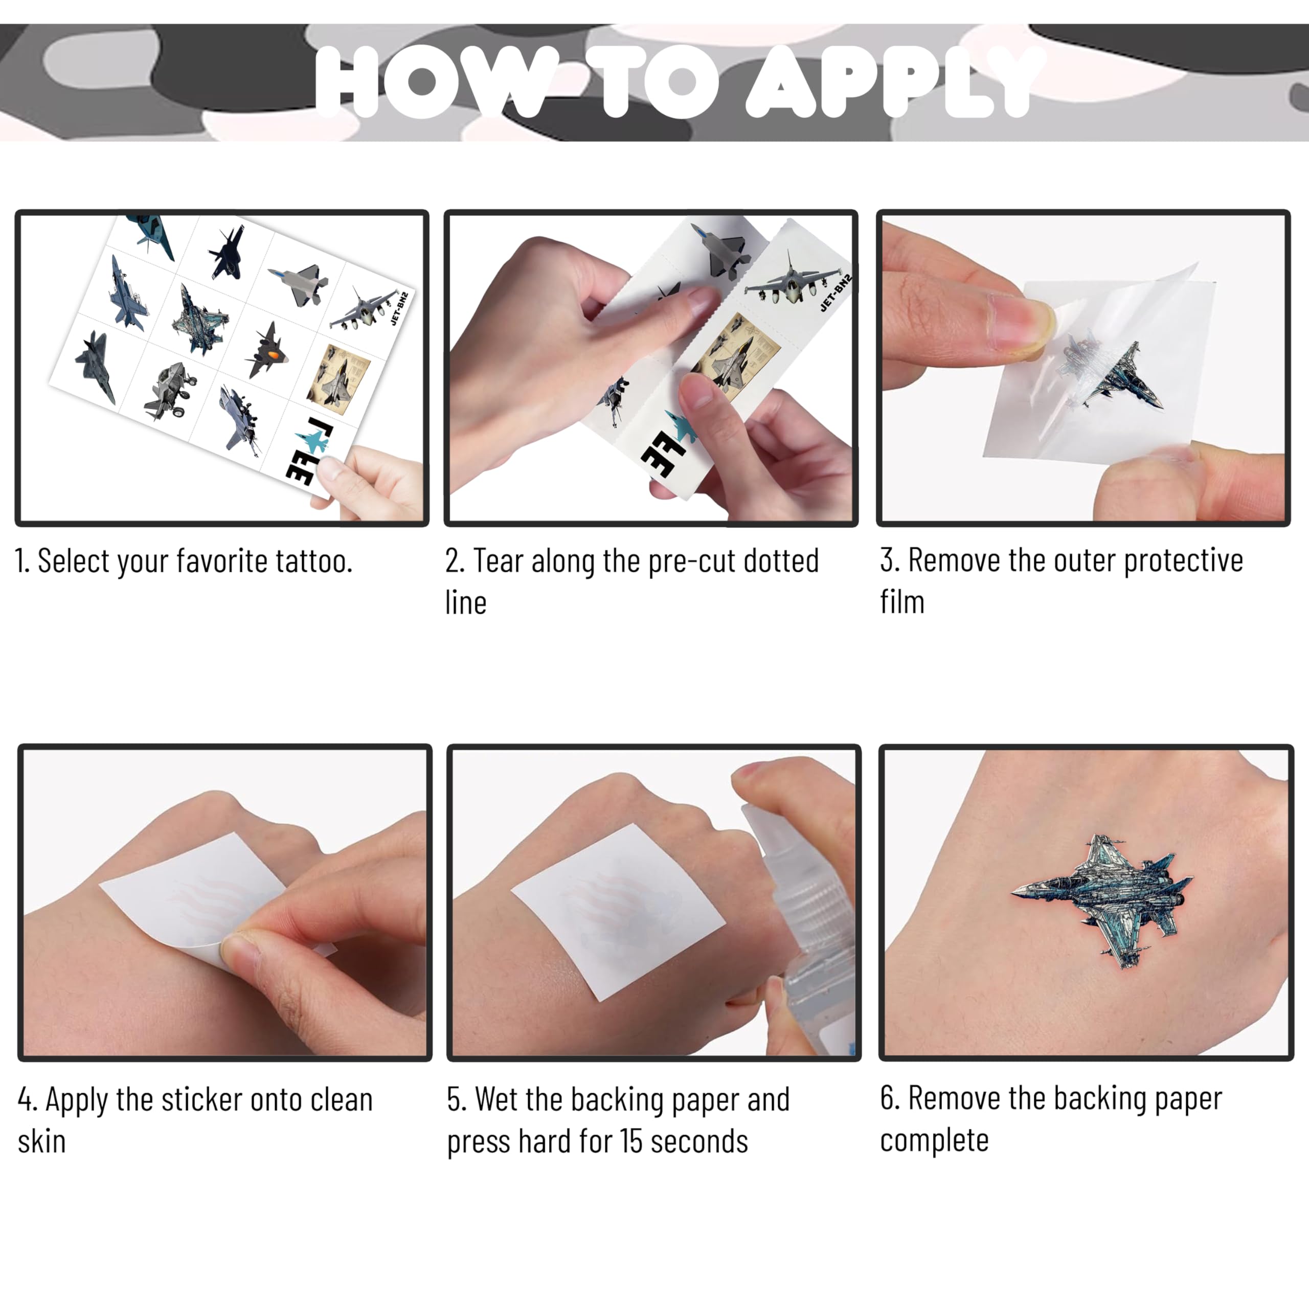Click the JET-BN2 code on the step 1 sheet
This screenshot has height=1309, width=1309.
[400, 308]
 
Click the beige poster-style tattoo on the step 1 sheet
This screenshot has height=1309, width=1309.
[339, 375]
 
